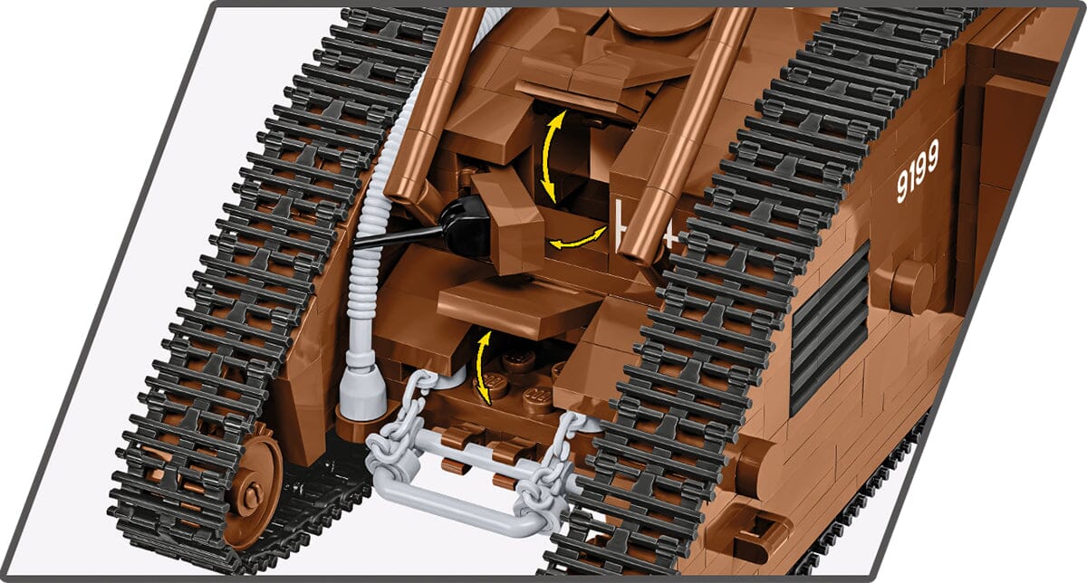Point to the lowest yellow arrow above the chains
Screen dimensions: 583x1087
[x=486, y=366]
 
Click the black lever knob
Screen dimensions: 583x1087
[x=466, y=227]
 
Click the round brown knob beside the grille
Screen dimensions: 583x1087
[x=909, y=287]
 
